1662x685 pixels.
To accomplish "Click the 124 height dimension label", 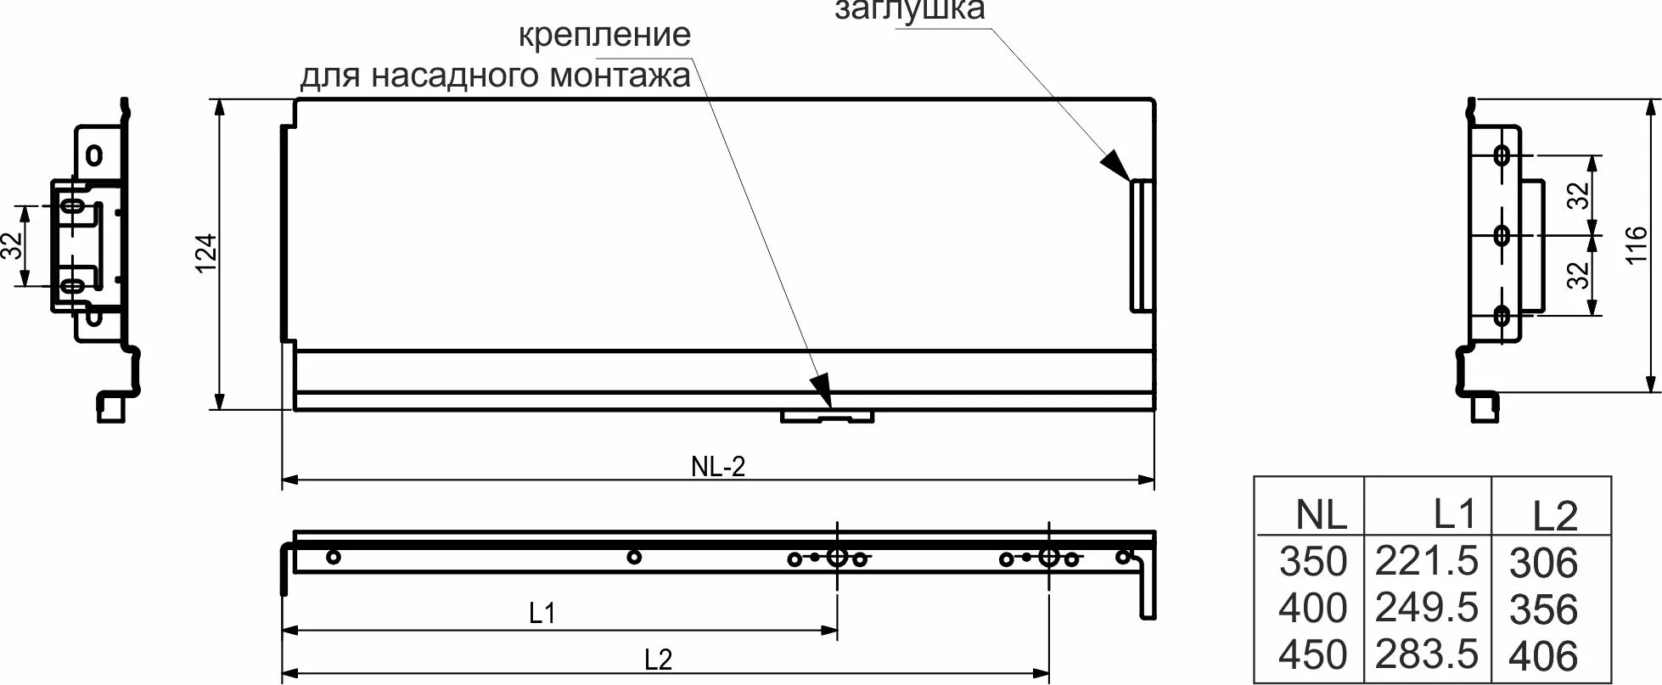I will pyautogui.click(x=207, y=254).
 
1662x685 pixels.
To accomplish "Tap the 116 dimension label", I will pyautogui.click(x=1637, y=244).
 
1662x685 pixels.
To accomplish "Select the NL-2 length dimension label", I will pyautogui.click(x=718, y=466).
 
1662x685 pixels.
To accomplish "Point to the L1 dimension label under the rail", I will pyautogui.click(x=542, y=613).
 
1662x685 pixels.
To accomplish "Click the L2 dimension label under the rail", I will pyautogui.click(x=658, y=660).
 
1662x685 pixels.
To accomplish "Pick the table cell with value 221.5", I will pyautogui.click(x=1426, y=561).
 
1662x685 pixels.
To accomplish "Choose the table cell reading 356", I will pyautogui.click(x=1543, y=609).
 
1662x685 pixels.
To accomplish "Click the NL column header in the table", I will pyautogui.click(x=1322, y=514).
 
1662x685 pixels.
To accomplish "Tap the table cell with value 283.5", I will pyautogui.click(x=1426, y=654).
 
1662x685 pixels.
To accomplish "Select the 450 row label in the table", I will pyautogui.click(x=1313, y=654).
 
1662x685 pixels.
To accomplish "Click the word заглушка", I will pyautogui.click(x=910, y=10).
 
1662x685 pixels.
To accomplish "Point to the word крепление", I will pyautogui.click(x=604, y=36).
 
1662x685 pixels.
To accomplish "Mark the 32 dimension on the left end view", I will pyautogui.click(x=12, y=246).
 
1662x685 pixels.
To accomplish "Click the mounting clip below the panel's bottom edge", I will pyautogui.click(x=827, y=417).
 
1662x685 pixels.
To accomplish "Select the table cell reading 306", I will pyautogui.click(x=1543, y=563).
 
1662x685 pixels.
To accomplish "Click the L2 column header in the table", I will pyautogui.click(x=1555, y=515).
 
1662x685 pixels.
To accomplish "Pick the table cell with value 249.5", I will pyautogui.click(x=1426, y=608).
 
